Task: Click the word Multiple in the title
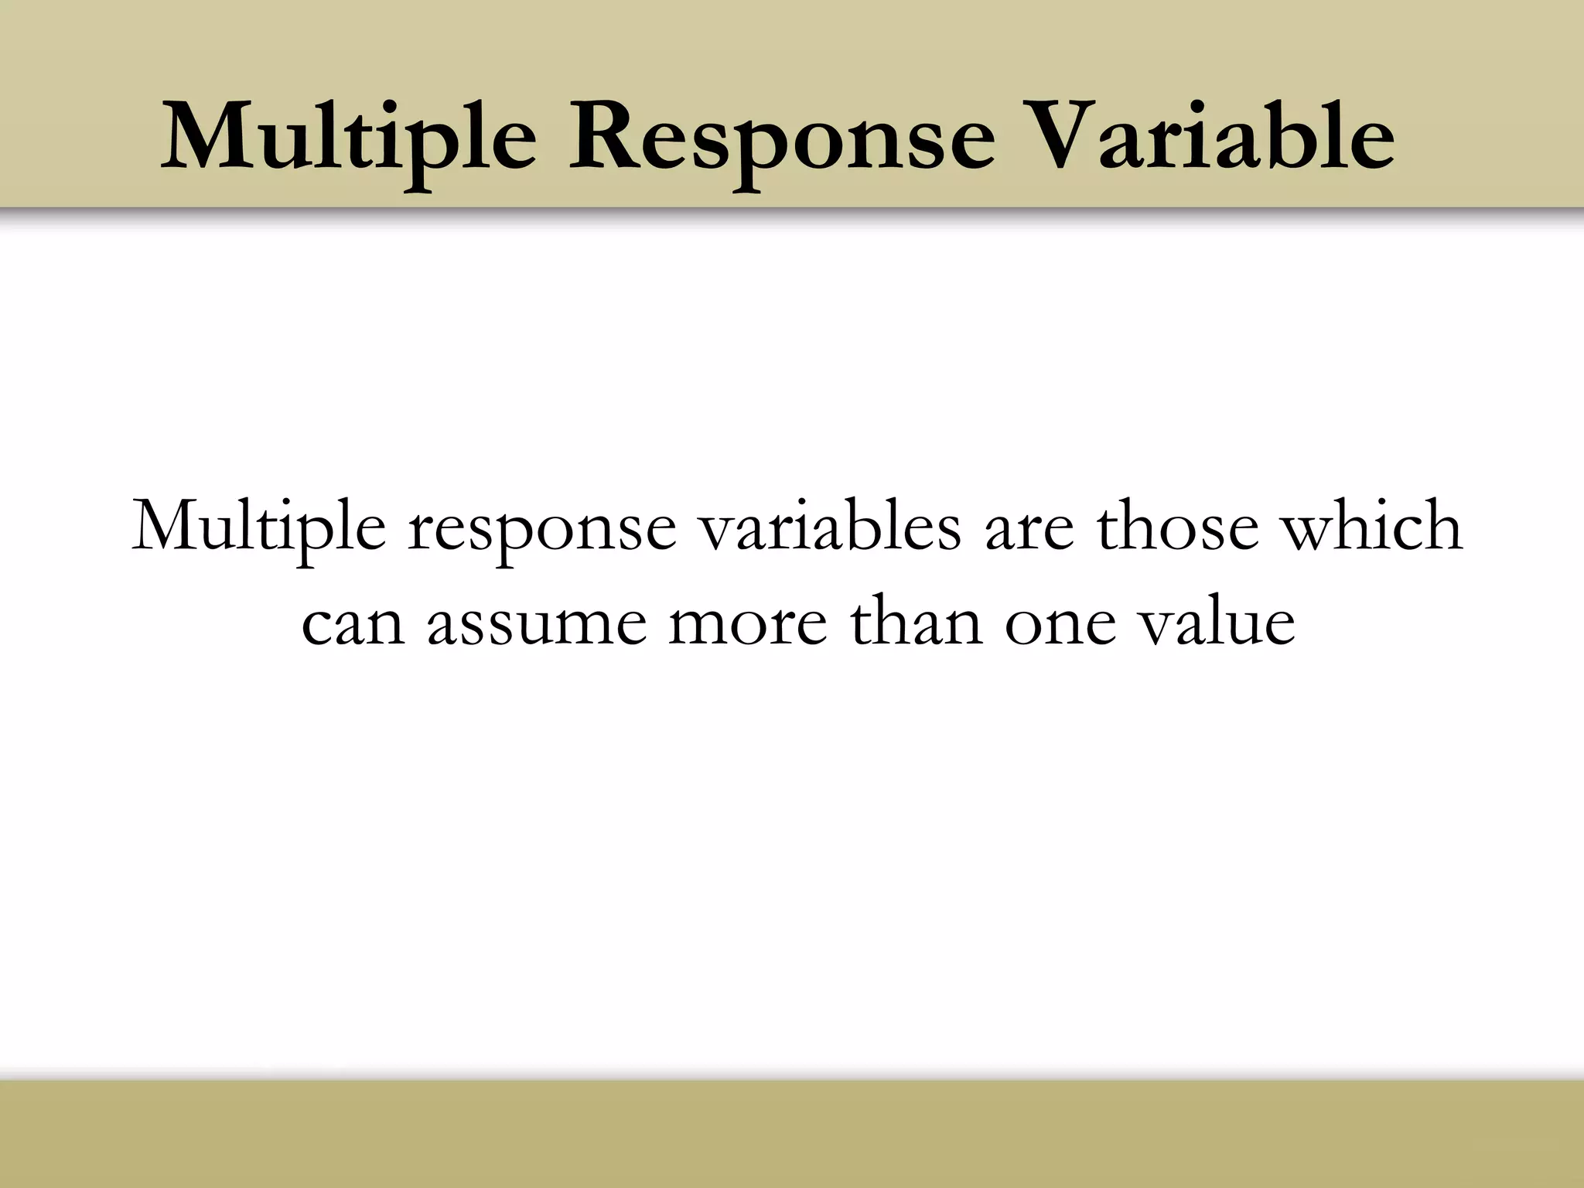click(x=348, y=139)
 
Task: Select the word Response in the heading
click(x=781, y=139)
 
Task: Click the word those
click(x=1179, y=526)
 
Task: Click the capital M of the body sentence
click(x=166, y=526)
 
